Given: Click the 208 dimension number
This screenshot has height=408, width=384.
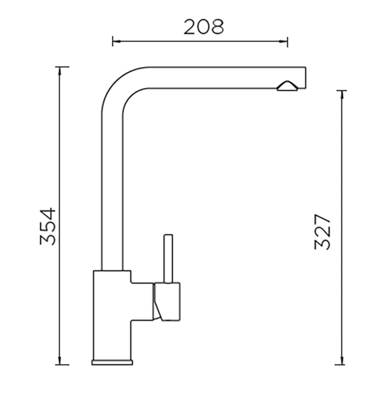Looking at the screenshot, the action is pos(204,27).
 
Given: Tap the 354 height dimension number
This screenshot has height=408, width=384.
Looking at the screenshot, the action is pos(47,226).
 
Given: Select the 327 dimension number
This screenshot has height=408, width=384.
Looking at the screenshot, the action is pos(323,232).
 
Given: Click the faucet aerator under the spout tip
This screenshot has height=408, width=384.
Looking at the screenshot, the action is pos(287,86).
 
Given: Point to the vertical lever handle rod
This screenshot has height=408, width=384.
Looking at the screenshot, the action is pos(168,259).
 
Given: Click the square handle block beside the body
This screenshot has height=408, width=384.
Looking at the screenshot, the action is pos(167,301).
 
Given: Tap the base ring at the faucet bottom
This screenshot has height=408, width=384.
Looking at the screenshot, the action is pos(112,362).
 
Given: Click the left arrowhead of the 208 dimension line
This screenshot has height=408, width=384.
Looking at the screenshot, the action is pos(116,41).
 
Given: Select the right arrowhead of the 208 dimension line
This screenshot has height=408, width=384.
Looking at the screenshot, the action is pos(283,41).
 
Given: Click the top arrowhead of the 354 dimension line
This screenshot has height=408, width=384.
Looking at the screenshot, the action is pos(60,71).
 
